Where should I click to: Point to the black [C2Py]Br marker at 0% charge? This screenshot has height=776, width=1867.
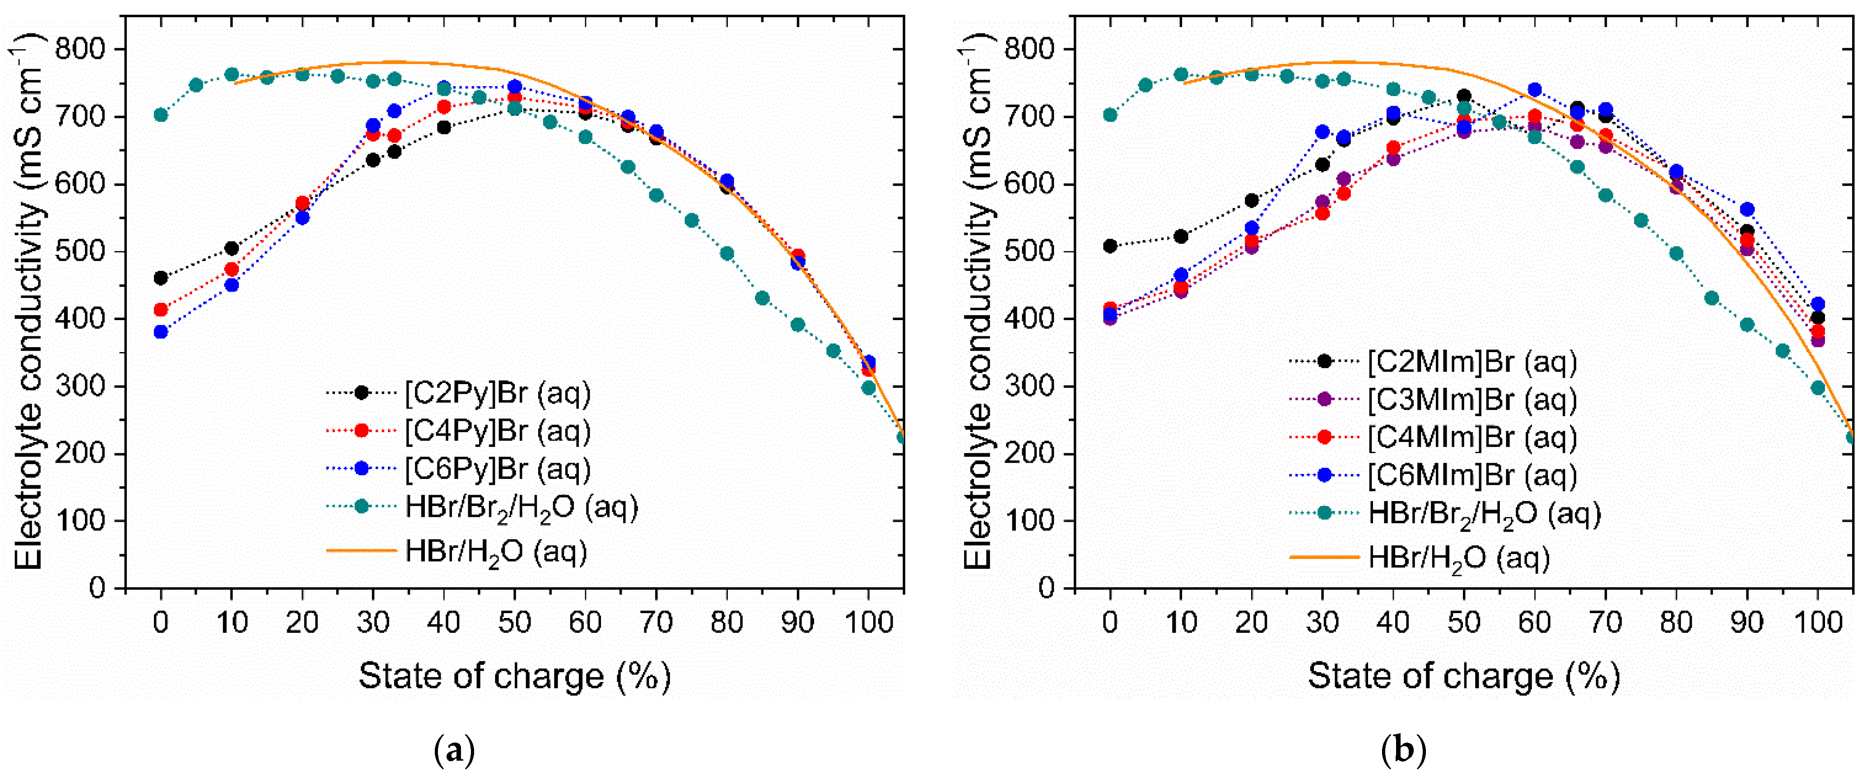(x=161, y=278)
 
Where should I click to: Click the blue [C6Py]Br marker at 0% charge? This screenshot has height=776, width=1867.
(x=161, y=332)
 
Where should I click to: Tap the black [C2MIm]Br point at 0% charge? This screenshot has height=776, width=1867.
(x=1110, y=246)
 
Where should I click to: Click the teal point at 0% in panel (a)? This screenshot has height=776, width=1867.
(x=161, y=115)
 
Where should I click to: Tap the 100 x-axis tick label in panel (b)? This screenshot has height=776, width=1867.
(x=1817, y=622)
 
